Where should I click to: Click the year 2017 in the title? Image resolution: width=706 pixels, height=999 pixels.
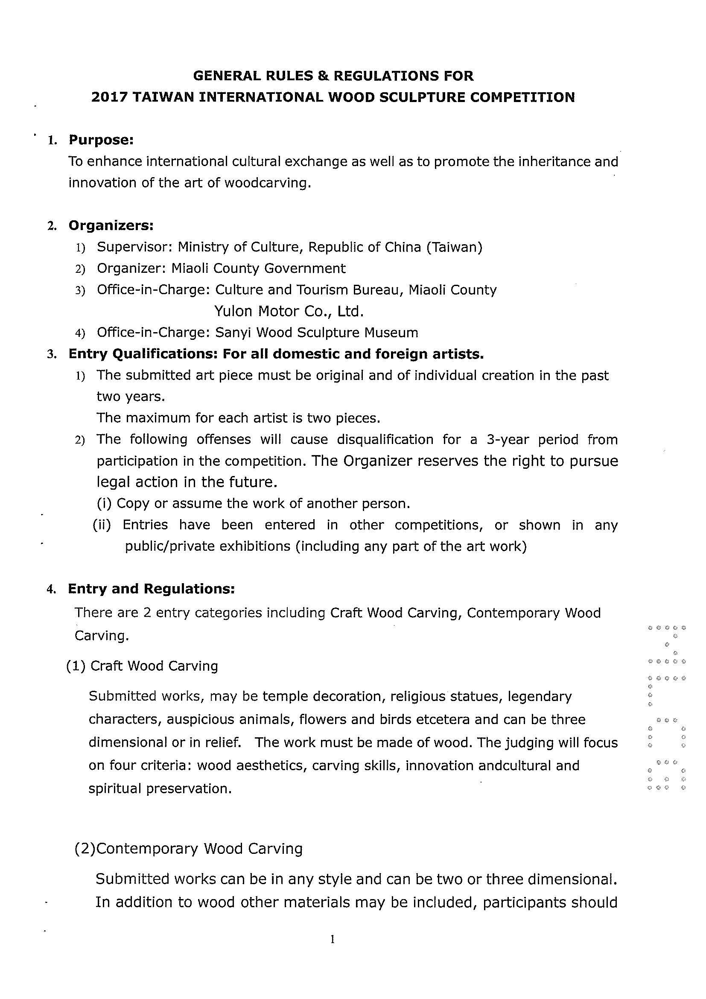click(109, 97)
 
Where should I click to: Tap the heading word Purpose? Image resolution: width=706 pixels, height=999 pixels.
click(100, 140)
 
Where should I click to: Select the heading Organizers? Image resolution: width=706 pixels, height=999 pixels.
click(111, 226)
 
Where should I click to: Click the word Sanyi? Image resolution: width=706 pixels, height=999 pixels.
click(233, 333)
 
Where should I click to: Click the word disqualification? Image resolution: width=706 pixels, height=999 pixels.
click(385, 439)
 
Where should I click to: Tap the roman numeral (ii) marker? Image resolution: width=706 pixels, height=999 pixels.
click(102, 525)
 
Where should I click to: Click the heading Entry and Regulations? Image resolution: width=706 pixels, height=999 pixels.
click(152, 589)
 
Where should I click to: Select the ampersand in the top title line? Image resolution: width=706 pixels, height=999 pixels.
click(323, 76)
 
